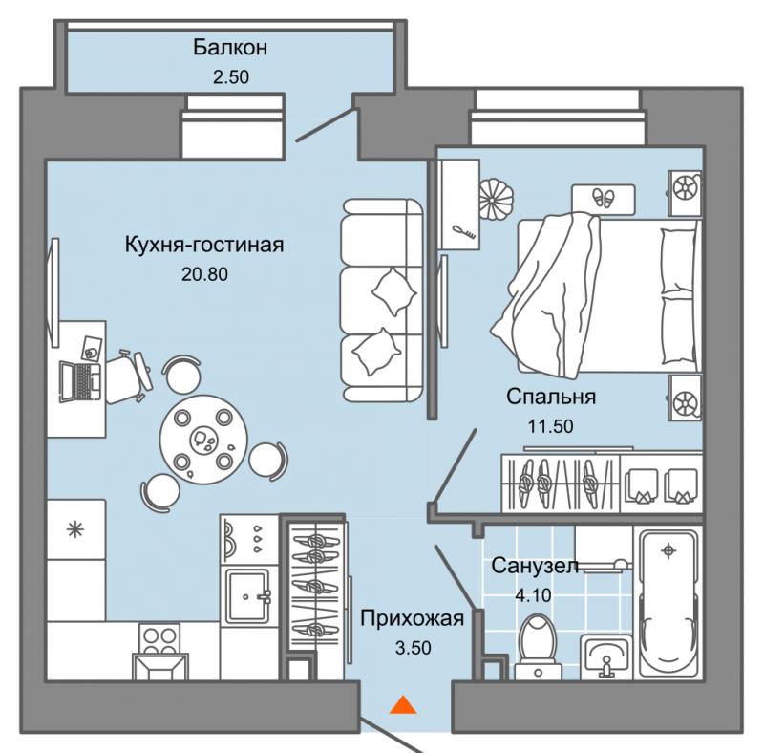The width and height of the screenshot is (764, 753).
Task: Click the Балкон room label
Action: pos(230,48)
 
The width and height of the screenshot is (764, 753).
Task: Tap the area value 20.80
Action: pos(204,274)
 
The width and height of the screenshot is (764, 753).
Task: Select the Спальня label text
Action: pos(551,397)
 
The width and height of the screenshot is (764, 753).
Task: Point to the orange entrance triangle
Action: pos(403,705)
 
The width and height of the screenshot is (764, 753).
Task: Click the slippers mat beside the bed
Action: pos(603,199)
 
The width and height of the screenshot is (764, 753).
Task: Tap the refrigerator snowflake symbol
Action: pos(75,529)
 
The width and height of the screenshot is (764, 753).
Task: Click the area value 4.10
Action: pos(533,595)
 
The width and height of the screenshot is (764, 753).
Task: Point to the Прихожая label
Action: pos(413,618)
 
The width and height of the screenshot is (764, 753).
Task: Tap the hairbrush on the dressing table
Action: pos(464,231)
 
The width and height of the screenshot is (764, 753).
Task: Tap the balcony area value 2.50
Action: pos(231,77)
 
